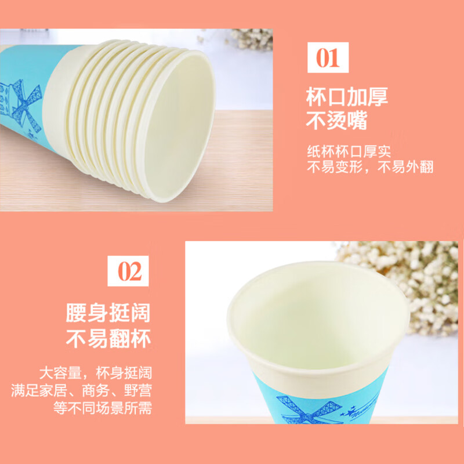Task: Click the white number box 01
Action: coord(328,59)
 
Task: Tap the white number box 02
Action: coord(129,271)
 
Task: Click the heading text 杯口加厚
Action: coord(347,96)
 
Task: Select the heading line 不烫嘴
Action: coord(337,122)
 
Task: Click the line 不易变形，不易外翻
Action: coord(370,168)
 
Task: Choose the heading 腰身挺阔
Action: coord(108,313)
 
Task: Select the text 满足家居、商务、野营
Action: coord(81,390)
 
